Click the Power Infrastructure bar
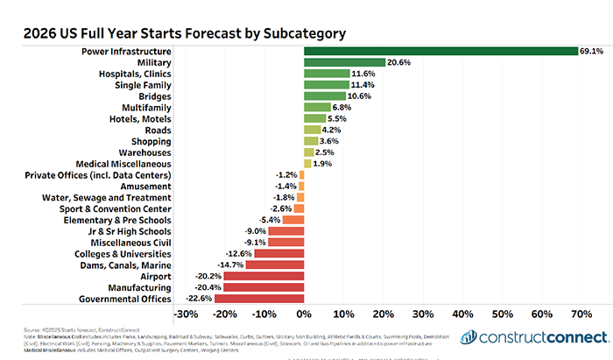[x=440, y=51]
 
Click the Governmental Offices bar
[x=259, y=299]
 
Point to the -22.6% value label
[x=200, y=299]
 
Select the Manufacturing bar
[x=264, y=287]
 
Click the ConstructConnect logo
[x=535, y=338]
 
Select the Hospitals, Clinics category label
[x=132, y=74]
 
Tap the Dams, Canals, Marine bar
[x=275, y=265]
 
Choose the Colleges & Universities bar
[x=279, y=253]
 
